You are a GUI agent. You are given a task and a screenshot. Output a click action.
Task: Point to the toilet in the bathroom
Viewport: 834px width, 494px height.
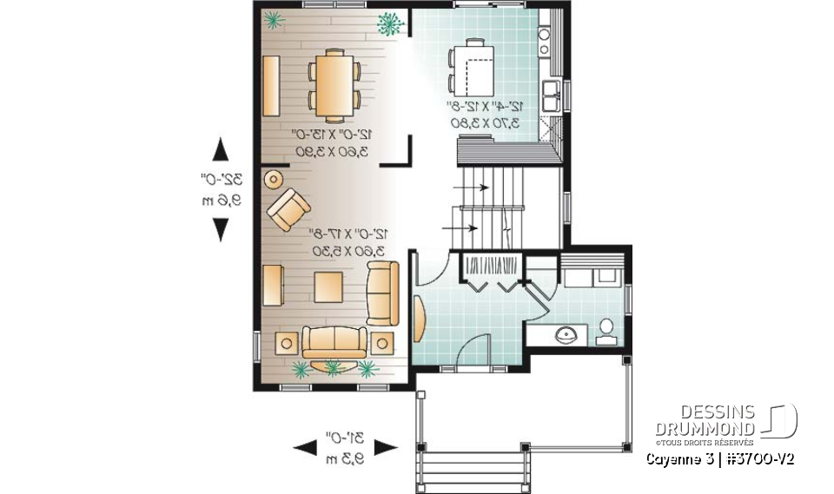pyautogui.click(x=606, y=331)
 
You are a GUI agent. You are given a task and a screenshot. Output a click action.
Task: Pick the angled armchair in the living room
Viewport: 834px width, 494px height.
pyautogui.click(x=288, y=210)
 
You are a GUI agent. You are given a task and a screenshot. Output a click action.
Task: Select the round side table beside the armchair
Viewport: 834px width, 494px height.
pyautogui.click(x=272, y=180)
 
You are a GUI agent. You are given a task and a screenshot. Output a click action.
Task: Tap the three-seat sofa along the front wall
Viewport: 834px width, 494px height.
pyautogui.click(x=334, y=340)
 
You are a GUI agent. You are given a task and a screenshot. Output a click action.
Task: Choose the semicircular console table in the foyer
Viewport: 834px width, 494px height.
pyautogui.click(x=420, y=319)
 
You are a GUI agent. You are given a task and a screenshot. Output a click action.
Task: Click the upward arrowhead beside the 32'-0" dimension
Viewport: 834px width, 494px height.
pyautogui.click(x=221, y=150)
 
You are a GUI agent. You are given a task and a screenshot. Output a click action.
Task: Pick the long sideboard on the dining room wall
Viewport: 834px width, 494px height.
pyautogui.click(x=271, y=84)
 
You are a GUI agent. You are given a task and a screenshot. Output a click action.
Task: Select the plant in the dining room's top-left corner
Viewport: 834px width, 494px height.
pyautogui.click(x=275, y=19)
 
